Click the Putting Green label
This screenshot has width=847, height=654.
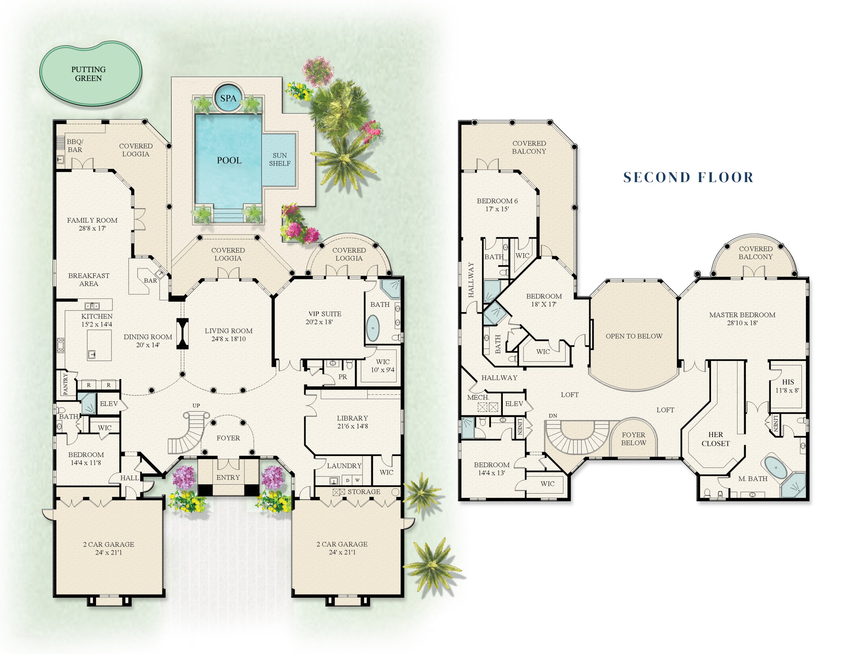click(x=88, y=74)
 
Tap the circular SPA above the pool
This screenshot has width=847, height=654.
click(x=228, y=98)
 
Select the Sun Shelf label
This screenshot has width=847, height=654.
click(x=280, y=159)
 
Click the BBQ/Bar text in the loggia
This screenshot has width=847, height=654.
click(x=75, y=146)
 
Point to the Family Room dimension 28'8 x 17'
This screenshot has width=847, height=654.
click(x=92, y=229)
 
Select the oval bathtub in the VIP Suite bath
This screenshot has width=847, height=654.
click(x=373, y=328)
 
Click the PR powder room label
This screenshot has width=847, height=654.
click(x=342, y=377)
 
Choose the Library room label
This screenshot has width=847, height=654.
click(x=352, y=418)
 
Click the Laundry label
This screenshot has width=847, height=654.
click(x=344, y=466)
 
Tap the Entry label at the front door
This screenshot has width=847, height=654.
click(x=228, y=477)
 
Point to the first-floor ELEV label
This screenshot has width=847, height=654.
click(x=109, y=404)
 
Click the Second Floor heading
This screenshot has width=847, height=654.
click(x=688, y=177)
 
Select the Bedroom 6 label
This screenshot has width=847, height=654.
click(x=497, y=201)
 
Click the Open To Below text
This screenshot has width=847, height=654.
click(x=634, y=336)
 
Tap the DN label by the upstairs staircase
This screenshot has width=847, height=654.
click(x=553, y=416)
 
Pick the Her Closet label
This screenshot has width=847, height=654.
click(x=715, y=439)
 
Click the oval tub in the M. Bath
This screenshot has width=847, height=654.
click(x=776, y=468)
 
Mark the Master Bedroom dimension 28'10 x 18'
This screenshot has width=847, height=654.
click(x=742, y=323)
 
